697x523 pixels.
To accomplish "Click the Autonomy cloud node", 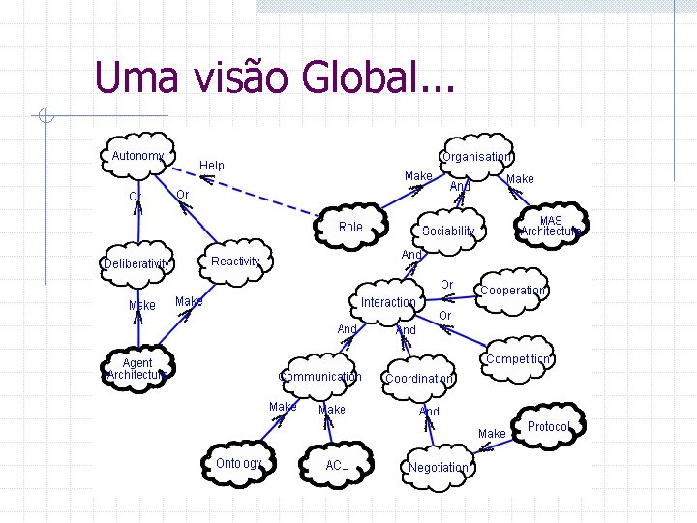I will (x=138, y=156).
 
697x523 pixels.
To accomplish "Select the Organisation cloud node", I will (x=475, y=157).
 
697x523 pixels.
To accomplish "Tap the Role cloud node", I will (x=350, y=228).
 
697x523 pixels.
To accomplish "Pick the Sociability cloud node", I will (x=448, y=231).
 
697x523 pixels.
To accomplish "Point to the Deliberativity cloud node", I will (x=137, y=263).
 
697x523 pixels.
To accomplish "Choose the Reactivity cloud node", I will (x=235, y=261).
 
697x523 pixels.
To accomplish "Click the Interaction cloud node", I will (x=388, y=302).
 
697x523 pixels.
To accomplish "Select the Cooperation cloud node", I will (x=513, y=291).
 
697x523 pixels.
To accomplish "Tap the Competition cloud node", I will (x=517, y=359).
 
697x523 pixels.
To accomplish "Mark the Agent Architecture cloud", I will (x=137, y=369).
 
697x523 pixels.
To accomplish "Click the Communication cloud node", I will (x=319, y=377).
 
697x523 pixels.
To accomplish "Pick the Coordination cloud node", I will (x=418, y=379).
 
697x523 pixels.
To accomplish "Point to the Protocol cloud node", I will (x=548, y=427).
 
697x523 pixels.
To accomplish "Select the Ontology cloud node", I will (x=239, y=463).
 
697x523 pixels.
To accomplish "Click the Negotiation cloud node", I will (x=439, y=467).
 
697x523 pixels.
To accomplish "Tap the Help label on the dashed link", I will (x=212, y=166).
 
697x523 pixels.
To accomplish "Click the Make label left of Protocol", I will (x=492, y=433).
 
